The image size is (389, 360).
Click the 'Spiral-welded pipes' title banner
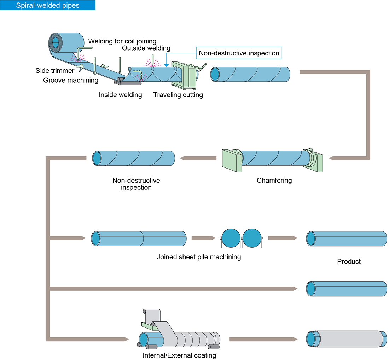tap(48, 5)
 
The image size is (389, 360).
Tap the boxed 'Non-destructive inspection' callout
tap(239, 53)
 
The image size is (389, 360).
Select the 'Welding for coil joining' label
tap(122, 41)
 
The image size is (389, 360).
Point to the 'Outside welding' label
tap(146, 48)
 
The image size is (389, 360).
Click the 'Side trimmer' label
tap(55, 71)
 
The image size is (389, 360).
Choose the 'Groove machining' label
tap(71, 80)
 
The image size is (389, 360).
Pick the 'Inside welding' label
tap(120, 95)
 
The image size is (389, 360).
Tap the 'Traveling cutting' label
tap(178, 95)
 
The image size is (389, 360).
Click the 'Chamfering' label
tap(274, 181)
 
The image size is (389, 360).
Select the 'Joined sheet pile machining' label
tap(199, 257)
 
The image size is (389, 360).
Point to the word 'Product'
tap(349, 261)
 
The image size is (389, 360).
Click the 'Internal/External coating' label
tap(179, 355)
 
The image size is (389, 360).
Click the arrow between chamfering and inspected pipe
tap(198, 158)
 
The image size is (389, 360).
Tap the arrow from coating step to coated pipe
tap(263, 339)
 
